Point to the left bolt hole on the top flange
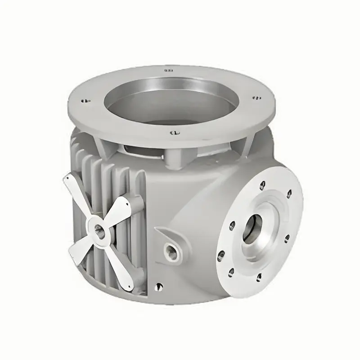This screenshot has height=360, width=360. pyautogui.click(x=84, y=101)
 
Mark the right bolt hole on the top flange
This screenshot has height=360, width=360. pyautogui.click(x=256, y=97)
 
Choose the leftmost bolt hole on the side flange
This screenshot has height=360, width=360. pyautogui.click(x=221, y=256)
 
